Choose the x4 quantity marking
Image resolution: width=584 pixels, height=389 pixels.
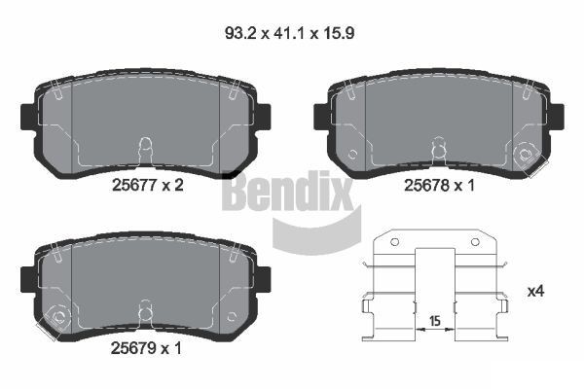(536, 291)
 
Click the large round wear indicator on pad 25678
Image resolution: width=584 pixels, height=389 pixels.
(529, 154)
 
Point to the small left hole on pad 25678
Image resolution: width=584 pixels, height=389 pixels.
(353, 154)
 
